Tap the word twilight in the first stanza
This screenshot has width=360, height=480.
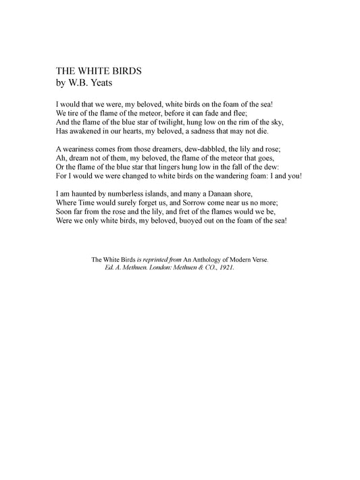click(171, 122)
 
